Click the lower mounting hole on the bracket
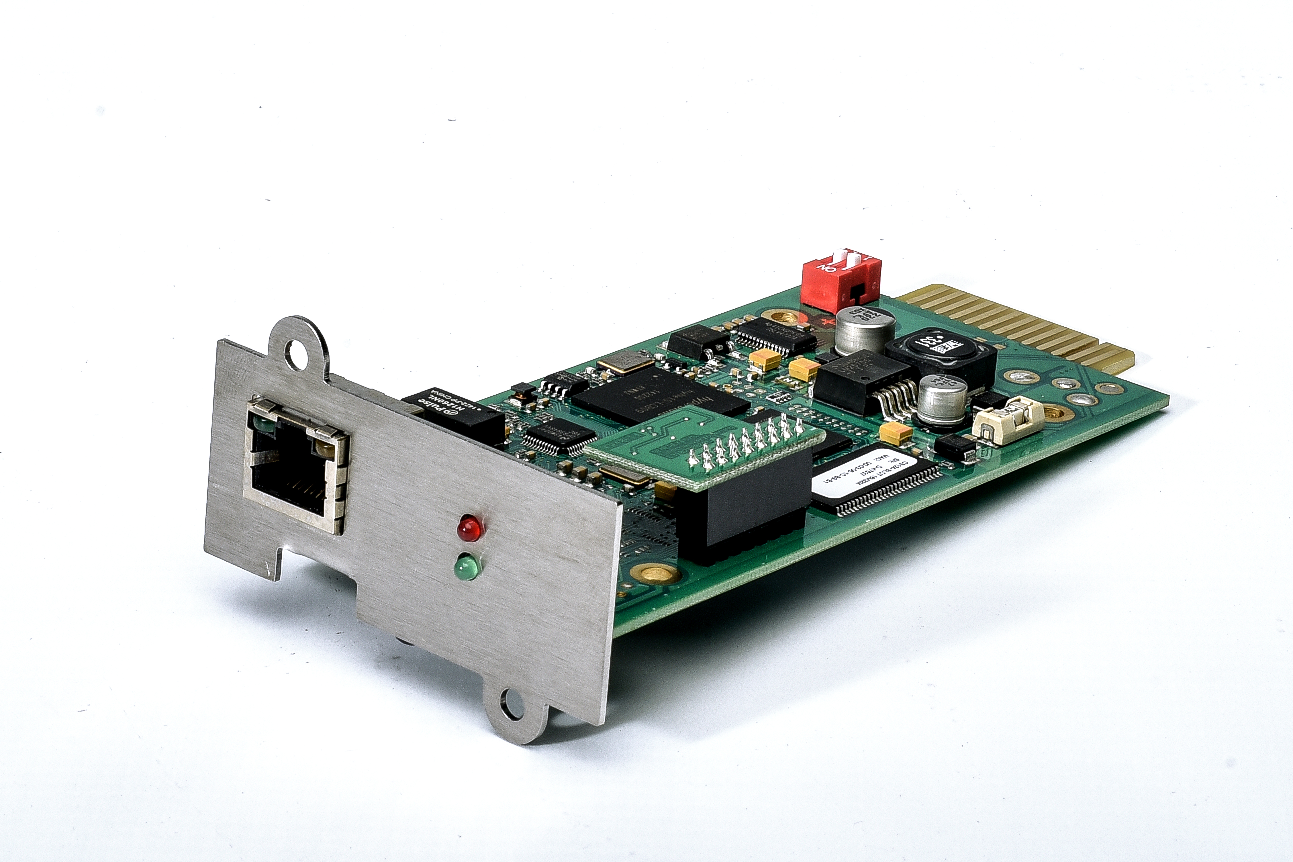[x=512, y=704]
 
